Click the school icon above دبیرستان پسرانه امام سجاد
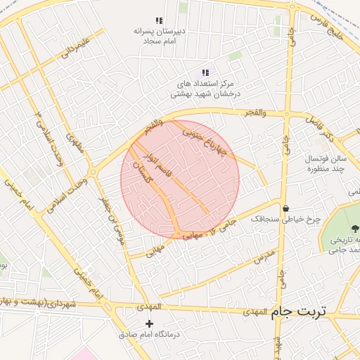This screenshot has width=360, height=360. point(159,21)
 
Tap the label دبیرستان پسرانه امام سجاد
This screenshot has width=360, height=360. point(160,37)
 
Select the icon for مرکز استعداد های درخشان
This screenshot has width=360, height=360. point(205,72)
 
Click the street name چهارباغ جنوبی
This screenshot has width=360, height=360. point(205,141)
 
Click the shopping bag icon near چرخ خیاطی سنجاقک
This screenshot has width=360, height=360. point(286,208)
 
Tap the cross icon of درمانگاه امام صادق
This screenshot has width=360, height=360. point(148,323)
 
